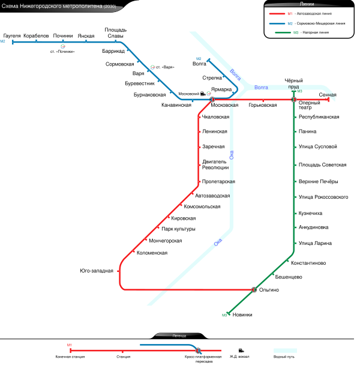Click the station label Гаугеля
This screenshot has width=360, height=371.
[12, 36]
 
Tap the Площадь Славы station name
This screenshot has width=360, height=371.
[116, 33]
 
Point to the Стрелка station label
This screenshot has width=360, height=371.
[212, 77]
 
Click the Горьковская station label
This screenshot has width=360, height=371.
[263, 106]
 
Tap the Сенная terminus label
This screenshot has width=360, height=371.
[328, 95]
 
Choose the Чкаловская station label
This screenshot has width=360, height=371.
[216, 117]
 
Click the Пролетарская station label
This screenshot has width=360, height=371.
[218, 181]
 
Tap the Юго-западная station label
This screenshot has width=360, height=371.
[97, 271]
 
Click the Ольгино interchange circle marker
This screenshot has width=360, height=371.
[254, 290]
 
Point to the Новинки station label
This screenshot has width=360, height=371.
[242, 315]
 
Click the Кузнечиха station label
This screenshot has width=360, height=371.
[310, 213]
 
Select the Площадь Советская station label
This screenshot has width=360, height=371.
[322, 164]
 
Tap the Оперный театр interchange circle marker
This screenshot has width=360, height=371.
[294, 99]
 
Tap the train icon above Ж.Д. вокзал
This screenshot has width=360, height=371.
[241, 350]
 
